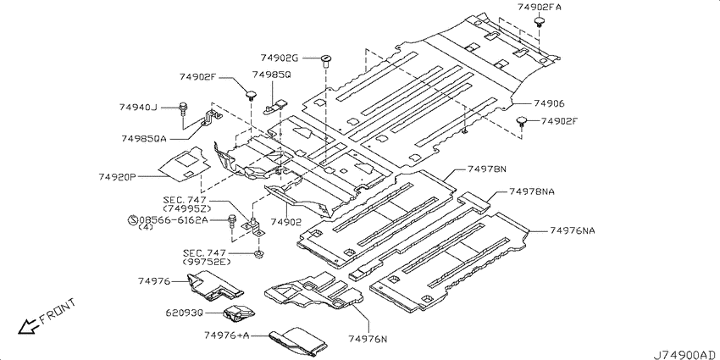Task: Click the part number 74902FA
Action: pos(539,8)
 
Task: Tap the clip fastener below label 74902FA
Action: pos(539,22)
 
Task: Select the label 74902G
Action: pos(280,58)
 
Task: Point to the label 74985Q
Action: pos(271,75)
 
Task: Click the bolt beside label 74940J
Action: pos(183,108)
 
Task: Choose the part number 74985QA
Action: pos(144,138)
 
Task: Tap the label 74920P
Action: pos(117,177)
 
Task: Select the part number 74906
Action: pos(549,104)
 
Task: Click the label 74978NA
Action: pos(531,191)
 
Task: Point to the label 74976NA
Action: pos(572,230)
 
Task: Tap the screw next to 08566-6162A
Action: pos(232,223)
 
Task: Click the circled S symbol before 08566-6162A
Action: pos(132,220)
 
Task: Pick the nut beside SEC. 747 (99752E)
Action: pos(259,253)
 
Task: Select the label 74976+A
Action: pos(227,335)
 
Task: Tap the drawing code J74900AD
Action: pos(684,355)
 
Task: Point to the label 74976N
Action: pos(368,340)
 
